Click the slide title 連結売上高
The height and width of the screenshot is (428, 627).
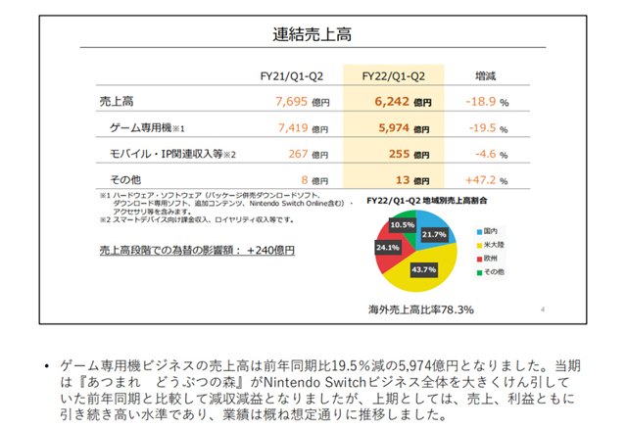[x=313, y=36]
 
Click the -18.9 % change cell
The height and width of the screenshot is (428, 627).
[x=486, y=101]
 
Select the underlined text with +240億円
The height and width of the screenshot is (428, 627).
[x=196, y=252]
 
